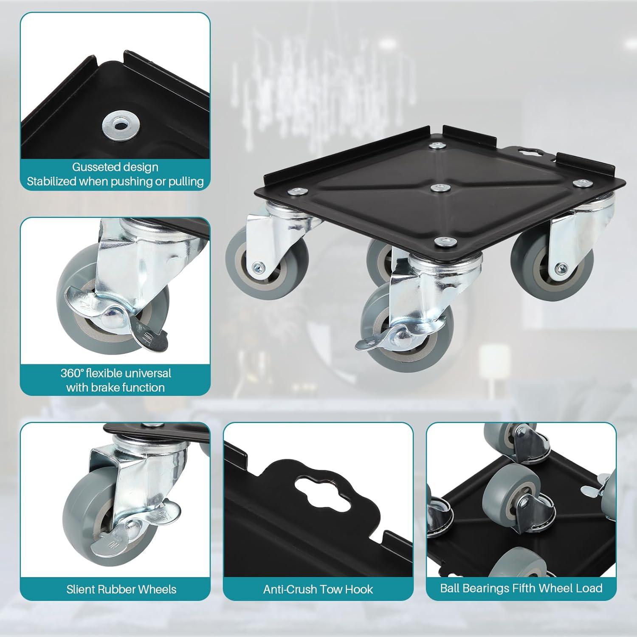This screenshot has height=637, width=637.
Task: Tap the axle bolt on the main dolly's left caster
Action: pos(258,267)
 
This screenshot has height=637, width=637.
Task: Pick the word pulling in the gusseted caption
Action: pos(184,182)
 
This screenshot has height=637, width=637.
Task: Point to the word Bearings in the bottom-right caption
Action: pos(493,588)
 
